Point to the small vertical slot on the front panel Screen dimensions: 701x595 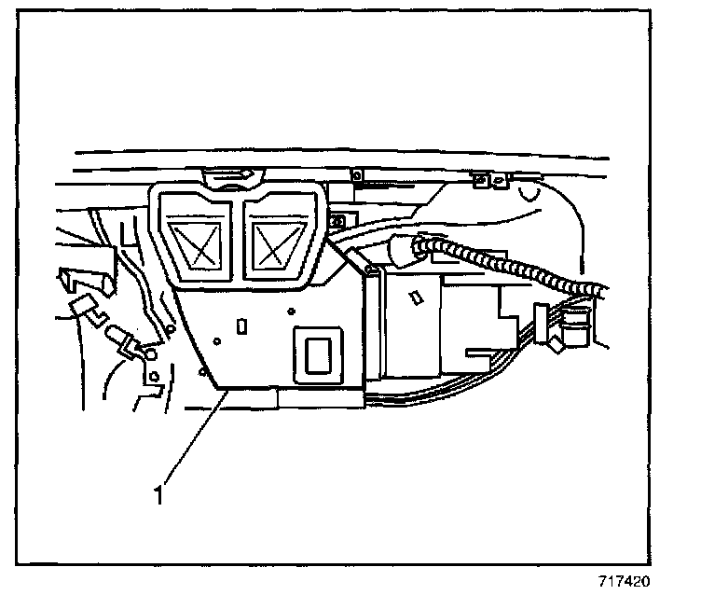241,326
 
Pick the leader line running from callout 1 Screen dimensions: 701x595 194,438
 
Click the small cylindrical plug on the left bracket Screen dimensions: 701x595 122,338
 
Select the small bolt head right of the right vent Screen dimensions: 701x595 337,222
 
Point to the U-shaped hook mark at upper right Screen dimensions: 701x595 534,197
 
